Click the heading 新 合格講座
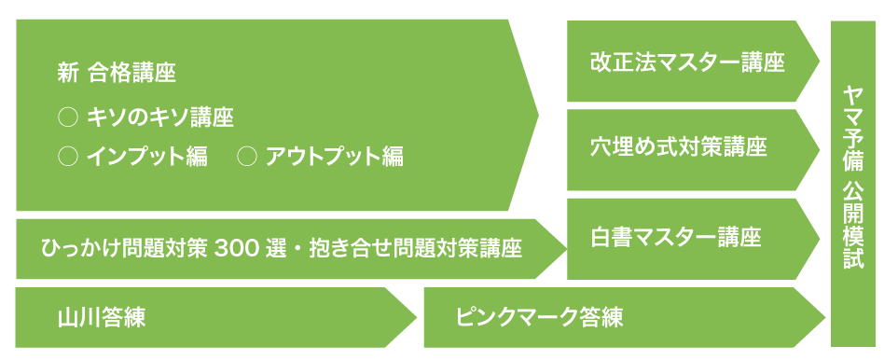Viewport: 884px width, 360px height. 117,75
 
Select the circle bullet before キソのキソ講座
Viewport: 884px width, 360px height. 68,118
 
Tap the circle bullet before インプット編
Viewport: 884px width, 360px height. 68,157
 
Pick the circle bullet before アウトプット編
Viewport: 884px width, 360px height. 247,157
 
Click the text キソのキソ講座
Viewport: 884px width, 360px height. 160,118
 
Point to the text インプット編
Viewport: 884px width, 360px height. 147,157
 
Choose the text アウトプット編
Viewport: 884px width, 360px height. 335,157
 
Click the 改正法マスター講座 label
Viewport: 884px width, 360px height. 688,62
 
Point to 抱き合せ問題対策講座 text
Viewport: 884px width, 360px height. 416,248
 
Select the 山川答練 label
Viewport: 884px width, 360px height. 102,318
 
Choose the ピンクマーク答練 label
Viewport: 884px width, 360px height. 540,318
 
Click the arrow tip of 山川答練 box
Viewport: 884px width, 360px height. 417,318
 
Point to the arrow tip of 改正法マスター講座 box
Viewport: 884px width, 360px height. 820,62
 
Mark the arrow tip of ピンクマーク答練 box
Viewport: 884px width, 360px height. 825,318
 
